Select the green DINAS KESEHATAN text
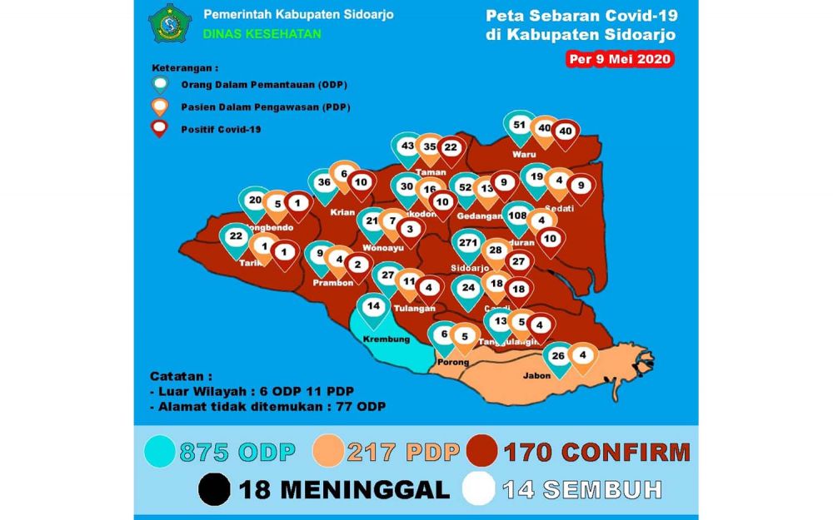262,34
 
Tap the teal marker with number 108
517,216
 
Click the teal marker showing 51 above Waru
520,126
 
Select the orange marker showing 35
430,148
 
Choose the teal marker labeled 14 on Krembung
374,307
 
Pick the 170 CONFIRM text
596,453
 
